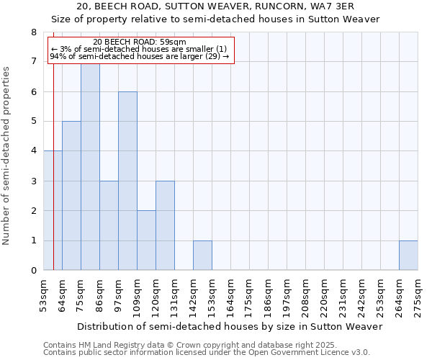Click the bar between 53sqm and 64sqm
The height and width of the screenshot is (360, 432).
coord(49,210)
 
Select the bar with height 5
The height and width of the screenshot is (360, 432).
coord(71,196)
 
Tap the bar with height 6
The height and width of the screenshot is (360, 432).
coord(127,181)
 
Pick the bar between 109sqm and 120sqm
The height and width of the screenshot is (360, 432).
coord(146,240)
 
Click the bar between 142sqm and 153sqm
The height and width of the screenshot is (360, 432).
coord(202,256)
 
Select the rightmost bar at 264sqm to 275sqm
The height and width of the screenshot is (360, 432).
coord(408,256)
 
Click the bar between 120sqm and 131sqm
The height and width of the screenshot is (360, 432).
coord(165,225)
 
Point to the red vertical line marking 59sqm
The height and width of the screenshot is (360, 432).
coord(53,180)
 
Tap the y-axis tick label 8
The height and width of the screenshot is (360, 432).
coord(33,32)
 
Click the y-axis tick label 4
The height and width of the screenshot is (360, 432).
coord(33,151)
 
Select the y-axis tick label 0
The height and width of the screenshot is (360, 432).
coord(33,271)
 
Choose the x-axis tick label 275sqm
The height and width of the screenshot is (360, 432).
coord(418,295)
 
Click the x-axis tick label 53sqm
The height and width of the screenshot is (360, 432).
coord(43,295)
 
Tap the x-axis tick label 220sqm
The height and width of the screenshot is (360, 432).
coord(324,295)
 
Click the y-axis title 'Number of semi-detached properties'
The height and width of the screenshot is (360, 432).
coord(7,155)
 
